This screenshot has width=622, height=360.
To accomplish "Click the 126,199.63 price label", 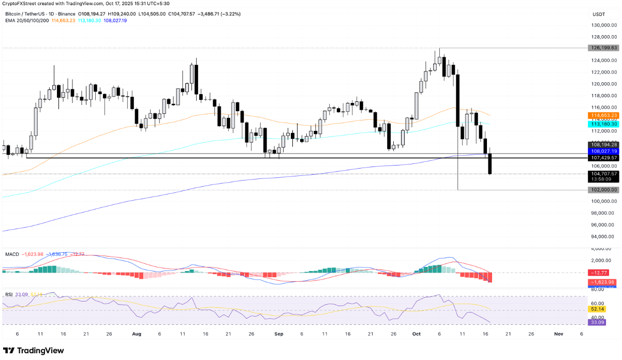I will click(603, 48).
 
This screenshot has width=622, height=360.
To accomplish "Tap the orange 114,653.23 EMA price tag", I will click(603, 115).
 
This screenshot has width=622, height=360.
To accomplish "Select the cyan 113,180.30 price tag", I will click(603, 124).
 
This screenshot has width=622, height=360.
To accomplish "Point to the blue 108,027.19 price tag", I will click(603, 151).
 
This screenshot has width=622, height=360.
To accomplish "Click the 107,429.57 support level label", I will click(603, 157).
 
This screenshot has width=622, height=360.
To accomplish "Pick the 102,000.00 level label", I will click(603, 190).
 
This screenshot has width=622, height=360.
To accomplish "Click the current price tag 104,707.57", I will click(603, 174).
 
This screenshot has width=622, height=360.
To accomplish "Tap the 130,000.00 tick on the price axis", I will click(603, 25).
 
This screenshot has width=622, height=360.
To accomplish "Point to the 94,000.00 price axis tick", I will click(603, 237).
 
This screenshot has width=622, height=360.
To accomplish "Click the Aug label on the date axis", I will click(137, 334).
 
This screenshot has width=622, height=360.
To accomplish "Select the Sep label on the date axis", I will click(279, 334).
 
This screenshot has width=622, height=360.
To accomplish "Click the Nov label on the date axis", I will click(558, 334).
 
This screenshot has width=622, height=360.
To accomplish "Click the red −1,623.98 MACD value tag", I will click(603, 282).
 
